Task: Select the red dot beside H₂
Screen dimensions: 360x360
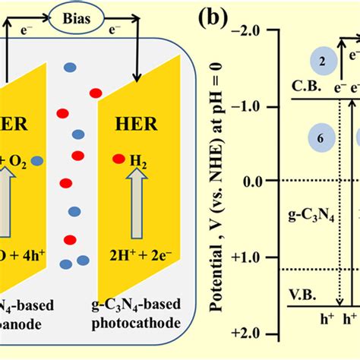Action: (x=118, y=159)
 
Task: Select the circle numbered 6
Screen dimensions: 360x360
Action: (x=322, y=137)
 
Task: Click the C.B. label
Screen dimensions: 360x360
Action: (x=302, y=87)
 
